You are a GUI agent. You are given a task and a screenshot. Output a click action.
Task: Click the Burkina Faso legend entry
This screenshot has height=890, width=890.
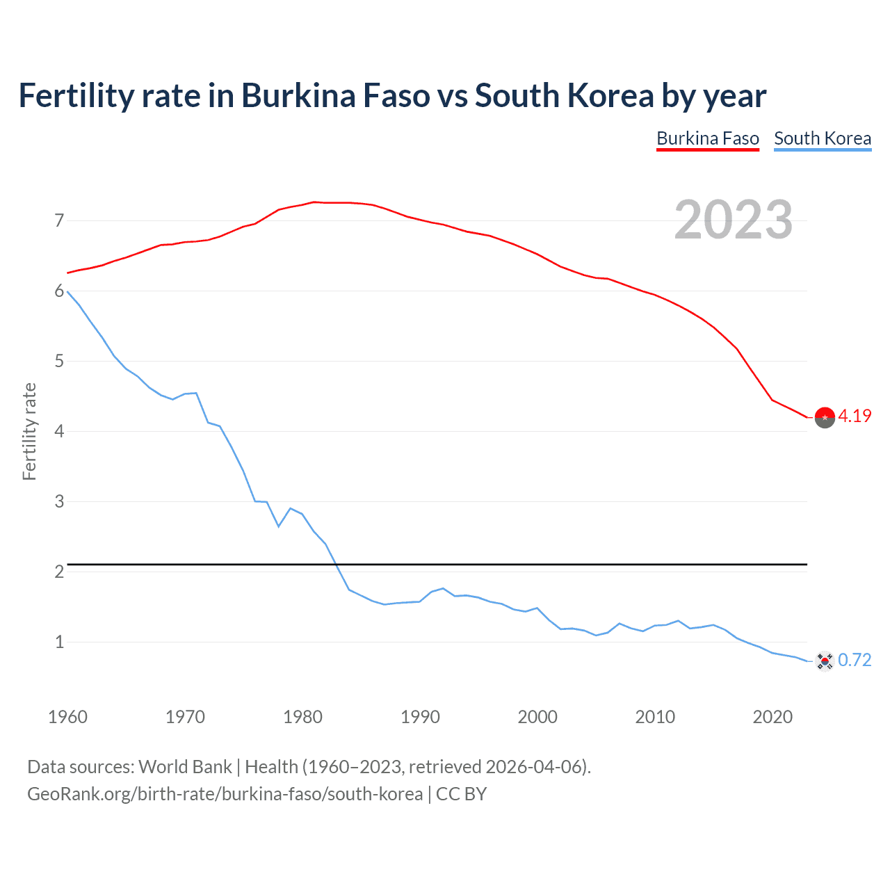707,138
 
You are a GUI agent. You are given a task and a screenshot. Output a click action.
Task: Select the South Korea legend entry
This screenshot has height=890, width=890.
823,138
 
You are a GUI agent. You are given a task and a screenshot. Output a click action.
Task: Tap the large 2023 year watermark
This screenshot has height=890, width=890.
733,220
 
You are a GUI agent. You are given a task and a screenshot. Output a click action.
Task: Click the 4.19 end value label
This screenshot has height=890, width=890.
855,416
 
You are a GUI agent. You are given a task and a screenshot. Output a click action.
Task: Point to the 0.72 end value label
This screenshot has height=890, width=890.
855,660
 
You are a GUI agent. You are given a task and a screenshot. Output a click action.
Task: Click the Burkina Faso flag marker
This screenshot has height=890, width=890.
825,417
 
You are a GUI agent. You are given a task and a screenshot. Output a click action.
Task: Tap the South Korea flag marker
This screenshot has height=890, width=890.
825,661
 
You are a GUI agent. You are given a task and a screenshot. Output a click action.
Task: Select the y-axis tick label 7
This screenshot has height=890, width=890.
59,221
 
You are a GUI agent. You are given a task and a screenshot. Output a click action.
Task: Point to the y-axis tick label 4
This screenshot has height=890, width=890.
59,432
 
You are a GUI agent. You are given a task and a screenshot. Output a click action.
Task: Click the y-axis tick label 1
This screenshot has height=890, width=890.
59,642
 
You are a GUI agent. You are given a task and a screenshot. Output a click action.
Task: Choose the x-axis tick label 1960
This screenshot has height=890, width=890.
67,717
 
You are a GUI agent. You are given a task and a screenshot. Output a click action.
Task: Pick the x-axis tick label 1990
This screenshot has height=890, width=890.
420,717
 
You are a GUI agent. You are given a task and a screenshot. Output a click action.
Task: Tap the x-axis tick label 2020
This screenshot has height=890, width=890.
772,717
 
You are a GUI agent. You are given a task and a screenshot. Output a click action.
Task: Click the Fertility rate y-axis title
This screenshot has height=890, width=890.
29,431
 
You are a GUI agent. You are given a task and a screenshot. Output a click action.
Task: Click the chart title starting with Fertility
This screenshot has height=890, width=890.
392,96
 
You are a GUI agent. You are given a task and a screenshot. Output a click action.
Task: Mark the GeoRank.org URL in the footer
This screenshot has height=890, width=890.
225,794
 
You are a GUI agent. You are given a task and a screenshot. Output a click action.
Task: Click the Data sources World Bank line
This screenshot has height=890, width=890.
309,767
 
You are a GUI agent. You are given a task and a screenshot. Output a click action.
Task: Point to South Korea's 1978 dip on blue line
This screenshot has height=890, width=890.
279,526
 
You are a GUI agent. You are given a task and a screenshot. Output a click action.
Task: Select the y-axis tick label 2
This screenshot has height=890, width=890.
59,572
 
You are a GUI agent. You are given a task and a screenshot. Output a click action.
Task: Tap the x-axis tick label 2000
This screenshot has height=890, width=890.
537,717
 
